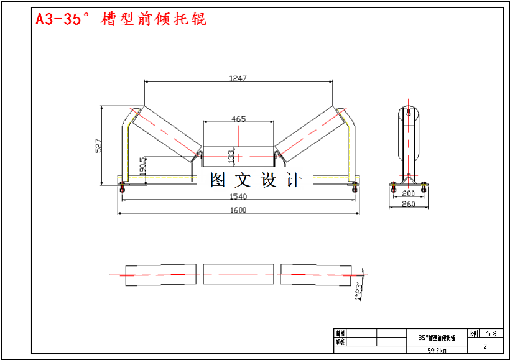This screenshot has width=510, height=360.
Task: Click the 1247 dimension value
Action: point(238,78)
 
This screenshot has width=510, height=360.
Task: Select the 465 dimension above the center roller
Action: point(238,118)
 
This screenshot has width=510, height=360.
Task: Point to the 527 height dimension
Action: point(98,146)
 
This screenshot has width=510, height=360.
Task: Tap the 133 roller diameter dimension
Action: point(231,155)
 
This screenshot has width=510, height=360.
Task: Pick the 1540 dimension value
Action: point(238,196)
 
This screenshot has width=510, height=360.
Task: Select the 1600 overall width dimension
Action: point(238,210)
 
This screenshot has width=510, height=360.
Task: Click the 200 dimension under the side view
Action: point(408,194)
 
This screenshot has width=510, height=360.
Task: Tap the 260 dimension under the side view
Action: point(408,204)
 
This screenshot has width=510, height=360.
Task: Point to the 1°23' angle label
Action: point(359,290)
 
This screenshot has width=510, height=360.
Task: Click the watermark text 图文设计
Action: point(256,180)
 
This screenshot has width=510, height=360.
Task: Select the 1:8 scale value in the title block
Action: point(491,334)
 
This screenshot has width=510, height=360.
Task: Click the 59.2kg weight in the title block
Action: point(436,351)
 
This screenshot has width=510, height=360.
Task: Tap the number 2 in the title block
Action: point(485,346)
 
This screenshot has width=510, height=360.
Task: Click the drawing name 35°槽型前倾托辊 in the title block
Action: point(436,339)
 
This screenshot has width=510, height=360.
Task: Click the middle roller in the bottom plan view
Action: point(238,274)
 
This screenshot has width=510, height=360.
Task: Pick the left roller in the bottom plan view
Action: point(160,275)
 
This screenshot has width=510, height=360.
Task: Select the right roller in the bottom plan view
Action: point(315,274)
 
